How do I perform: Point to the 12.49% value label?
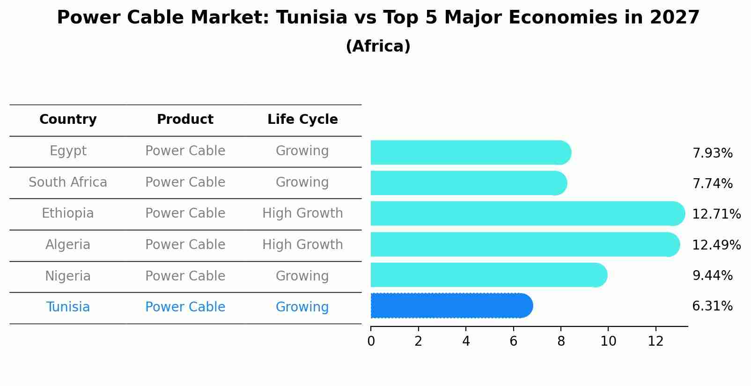point(716,245)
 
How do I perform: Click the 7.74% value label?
point(712,183)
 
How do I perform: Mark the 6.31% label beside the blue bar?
point(712,306)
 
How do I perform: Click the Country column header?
point(68,120)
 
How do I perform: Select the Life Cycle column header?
point(302,120)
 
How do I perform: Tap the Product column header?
point(185,120)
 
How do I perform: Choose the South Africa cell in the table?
point(68,182)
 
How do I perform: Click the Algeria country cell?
point(68,245)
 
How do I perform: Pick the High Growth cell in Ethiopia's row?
point(302,213)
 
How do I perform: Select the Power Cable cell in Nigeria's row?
point(185,276)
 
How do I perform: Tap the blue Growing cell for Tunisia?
point(302,307)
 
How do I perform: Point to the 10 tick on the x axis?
point(608,341)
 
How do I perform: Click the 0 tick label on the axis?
point(371,341)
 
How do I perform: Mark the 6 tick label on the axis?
point(513,341)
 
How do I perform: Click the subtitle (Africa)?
point(378,46)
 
